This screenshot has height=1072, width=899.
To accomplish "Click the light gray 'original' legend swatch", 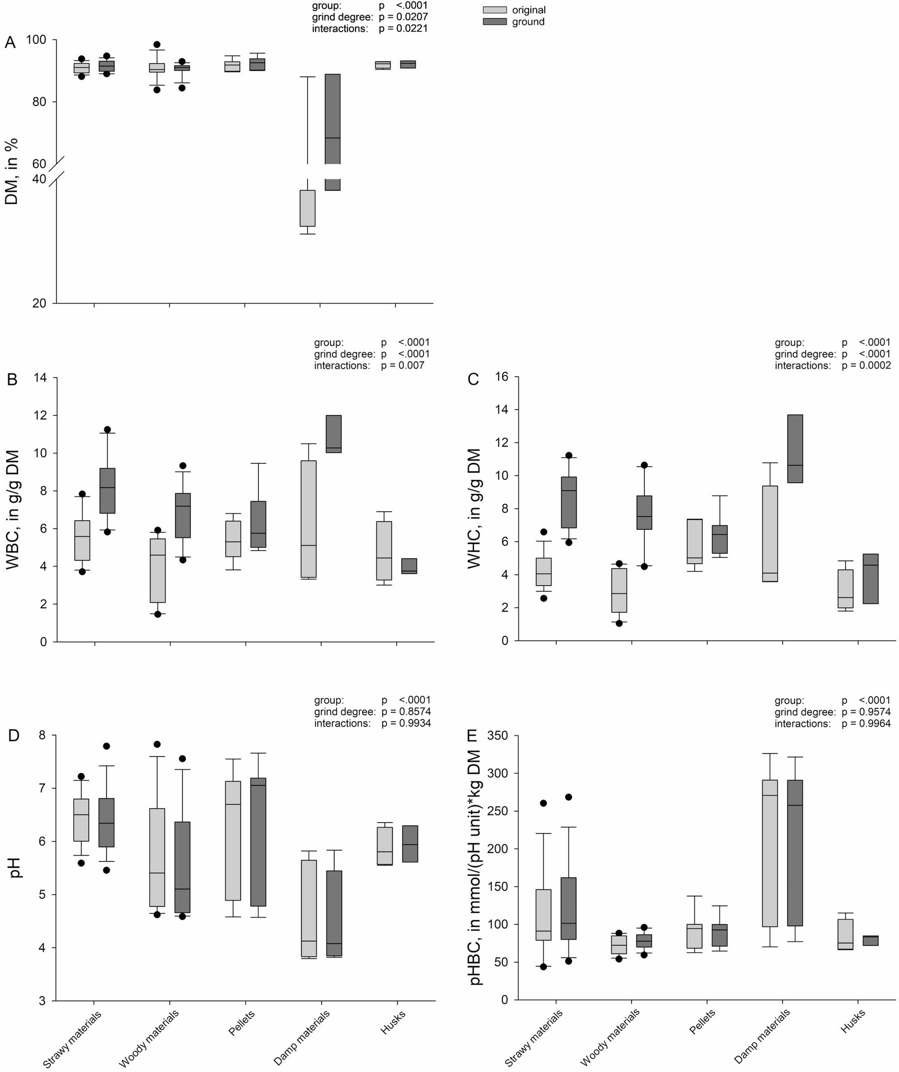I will click(x=495, y=10).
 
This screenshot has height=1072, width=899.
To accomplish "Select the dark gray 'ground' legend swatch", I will click(x=495, y=21).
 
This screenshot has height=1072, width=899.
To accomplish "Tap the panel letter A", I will click(x=10, y=43).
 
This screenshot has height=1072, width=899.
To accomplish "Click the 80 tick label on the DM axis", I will click(x=40, y=102).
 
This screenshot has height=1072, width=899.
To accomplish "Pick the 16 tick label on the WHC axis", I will click(x=502, y=377).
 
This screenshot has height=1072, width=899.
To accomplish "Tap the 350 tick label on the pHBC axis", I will click(x=498, y=736).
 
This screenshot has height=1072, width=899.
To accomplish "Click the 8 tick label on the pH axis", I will click(x=40, y=736).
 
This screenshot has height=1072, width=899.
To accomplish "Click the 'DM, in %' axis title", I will click(x=11, y=171).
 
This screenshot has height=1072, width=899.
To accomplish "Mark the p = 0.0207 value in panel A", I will click(x=403, y=17).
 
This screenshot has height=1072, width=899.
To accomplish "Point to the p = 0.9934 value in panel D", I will click(x=407, y=723).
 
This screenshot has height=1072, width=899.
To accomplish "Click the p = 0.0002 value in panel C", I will click(x=866, y=365).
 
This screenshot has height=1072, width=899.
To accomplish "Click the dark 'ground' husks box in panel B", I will click(x=409, y=566).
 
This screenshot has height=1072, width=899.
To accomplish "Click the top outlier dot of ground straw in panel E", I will click(x=569, y=797).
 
